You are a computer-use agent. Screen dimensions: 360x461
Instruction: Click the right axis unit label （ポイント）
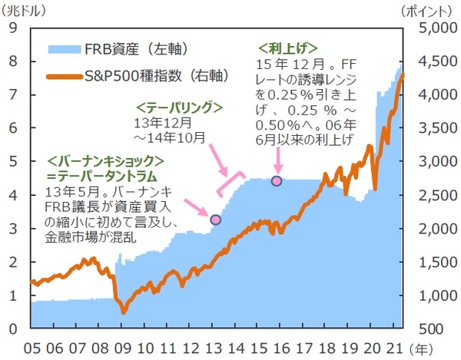point(427,10)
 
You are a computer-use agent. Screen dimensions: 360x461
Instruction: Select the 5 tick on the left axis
point(12,161)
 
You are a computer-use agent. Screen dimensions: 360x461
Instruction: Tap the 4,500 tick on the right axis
point(434,61)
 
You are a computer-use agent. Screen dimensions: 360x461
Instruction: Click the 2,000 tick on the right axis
point(434,229)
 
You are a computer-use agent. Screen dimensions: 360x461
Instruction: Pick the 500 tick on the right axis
point(439,329)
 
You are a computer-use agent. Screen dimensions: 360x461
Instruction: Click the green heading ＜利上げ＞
point(288,48)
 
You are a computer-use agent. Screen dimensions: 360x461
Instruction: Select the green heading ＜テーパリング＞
point(178,108)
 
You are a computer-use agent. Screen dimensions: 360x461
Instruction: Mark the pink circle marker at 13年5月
point(216,220)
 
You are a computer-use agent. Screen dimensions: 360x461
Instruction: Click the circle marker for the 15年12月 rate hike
point(276,180)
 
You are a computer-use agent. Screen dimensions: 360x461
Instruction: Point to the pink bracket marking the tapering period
point(230,183)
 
